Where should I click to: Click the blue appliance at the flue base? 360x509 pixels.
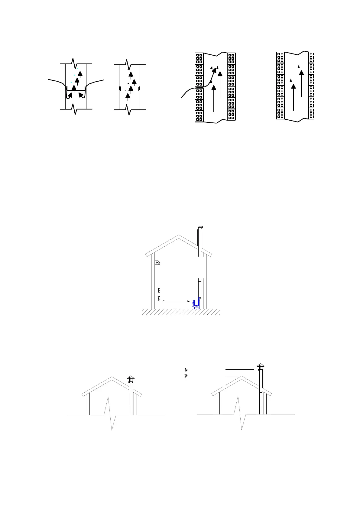tap(196, 303)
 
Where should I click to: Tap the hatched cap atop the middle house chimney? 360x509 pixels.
tap(200, 227)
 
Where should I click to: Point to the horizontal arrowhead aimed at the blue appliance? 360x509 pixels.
tap(188, 301)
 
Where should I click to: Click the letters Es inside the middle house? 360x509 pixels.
tap(157, 263)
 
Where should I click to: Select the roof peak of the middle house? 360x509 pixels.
tap(179, 235)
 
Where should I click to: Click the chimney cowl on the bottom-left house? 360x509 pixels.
tap(131, 378)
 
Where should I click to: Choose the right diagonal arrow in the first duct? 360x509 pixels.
tap(81, 95)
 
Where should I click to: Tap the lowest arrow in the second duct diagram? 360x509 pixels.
tap(128, 96)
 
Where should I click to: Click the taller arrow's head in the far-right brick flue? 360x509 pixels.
tap(301, 73)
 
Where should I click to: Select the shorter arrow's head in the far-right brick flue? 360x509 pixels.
tap(293, 86)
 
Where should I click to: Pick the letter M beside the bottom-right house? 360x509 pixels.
tap(186, 369)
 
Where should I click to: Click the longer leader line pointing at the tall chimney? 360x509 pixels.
tap(240, 369)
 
